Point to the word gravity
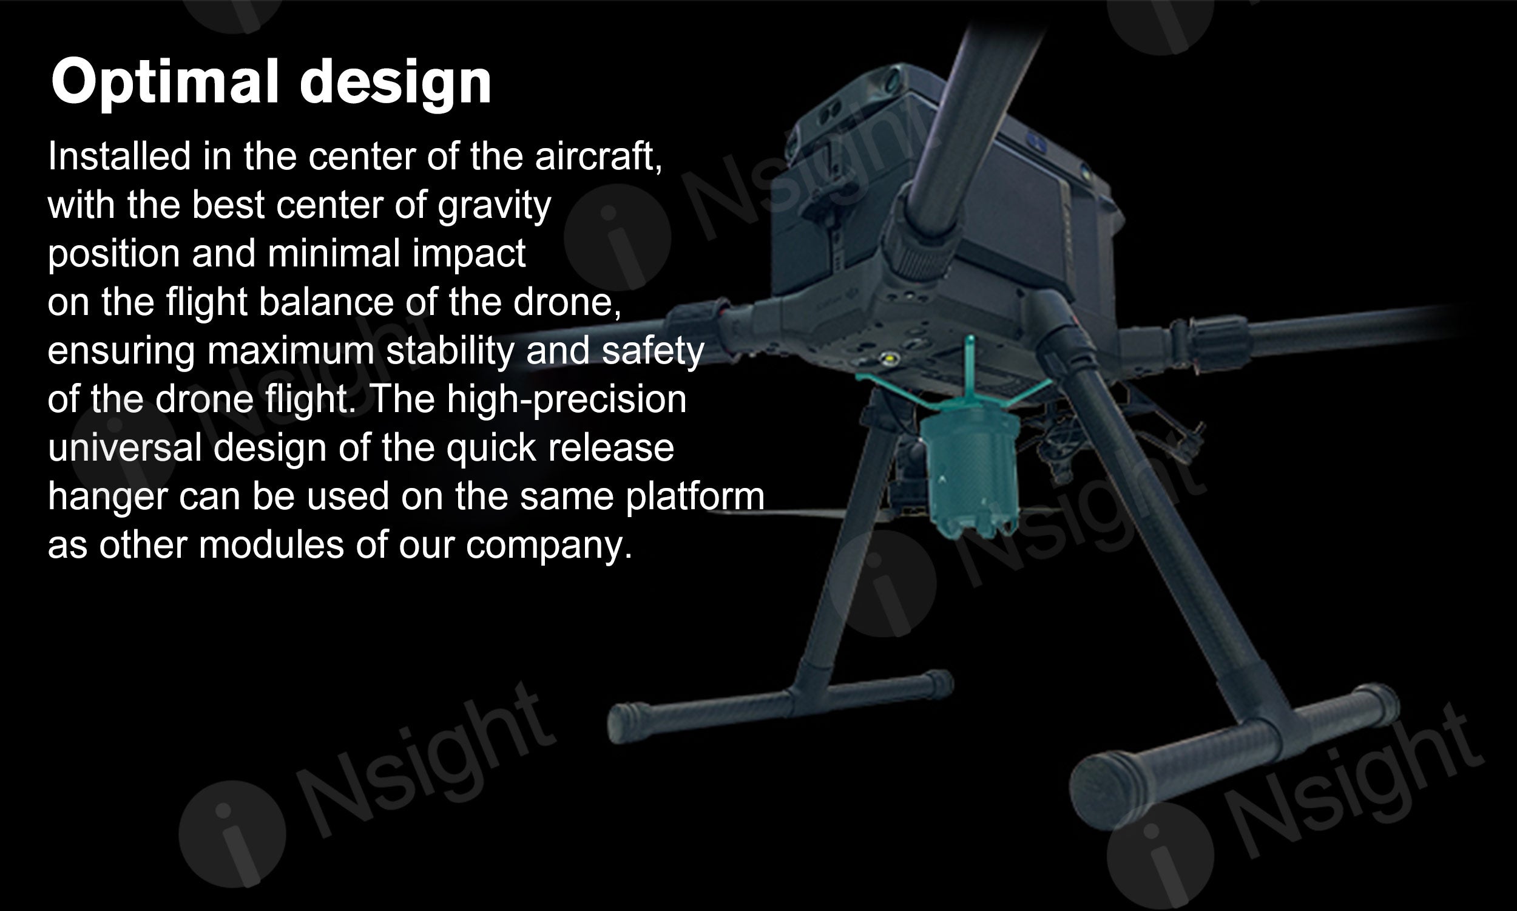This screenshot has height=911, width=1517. click(x=494, y=207)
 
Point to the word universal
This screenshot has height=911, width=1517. click(x=124, y=447)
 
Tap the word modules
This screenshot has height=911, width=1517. click(x=271, y=544)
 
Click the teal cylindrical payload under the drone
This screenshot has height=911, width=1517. click(x=972, y=470)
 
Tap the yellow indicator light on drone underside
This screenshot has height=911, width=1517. click(x=888, y=357)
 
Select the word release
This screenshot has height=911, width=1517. click(x=610, y=447)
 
